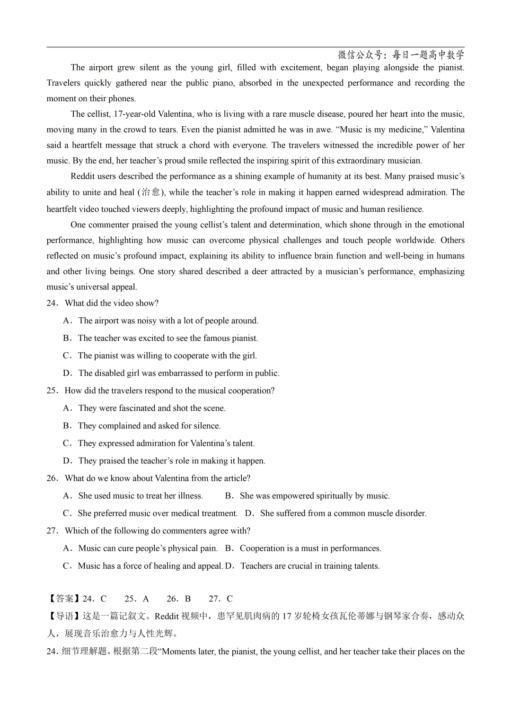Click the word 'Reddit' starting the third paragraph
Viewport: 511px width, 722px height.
[83, 176]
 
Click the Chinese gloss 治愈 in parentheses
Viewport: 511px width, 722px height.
[151, 192]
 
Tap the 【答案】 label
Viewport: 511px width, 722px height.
[64, 599]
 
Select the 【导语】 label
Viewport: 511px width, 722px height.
[64, 616]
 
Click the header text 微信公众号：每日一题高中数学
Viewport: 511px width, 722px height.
[401, 55]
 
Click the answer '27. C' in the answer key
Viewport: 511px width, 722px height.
[220, 599]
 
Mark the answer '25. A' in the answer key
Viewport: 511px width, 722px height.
[137, 599]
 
